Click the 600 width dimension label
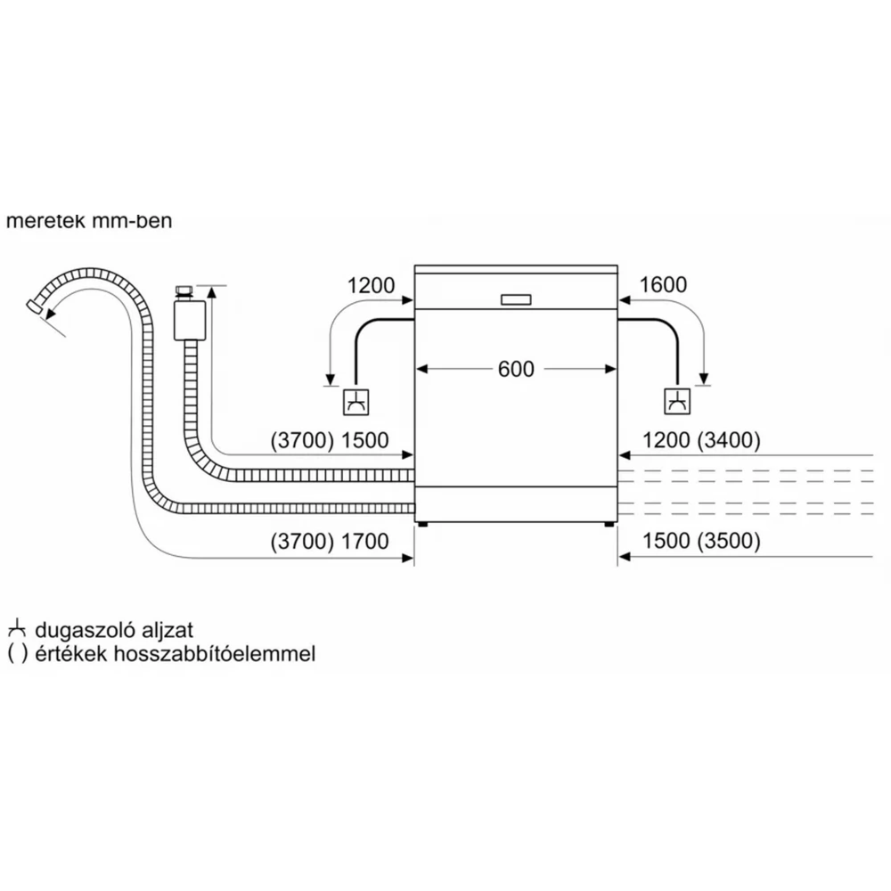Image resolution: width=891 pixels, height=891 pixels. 516,370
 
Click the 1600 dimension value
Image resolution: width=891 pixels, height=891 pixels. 663,285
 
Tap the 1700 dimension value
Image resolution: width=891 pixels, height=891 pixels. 364,542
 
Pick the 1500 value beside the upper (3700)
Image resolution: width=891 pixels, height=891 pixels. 364,440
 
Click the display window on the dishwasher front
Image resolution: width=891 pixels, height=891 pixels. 516,300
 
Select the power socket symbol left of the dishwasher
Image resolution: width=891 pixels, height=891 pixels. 356,402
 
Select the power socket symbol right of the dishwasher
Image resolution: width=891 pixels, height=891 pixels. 677,402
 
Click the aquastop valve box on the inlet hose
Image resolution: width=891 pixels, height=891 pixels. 190,321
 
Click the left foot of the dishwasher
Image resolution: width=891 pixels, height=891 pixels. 422,524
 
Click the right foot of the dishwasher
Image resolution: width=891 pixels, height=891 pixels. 609,524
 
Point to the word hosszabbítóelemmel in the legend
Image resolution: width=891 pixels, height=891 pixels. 215,654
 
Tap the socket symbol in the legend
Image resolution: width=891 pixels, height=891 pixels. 16,628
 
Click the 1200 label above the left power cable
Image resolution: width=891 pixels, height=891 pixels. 371,285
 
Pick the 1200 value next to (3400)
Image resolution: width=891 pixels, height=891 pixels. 666,440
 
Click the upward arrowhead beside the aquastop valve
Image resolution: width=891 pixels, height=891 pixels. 212,292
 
